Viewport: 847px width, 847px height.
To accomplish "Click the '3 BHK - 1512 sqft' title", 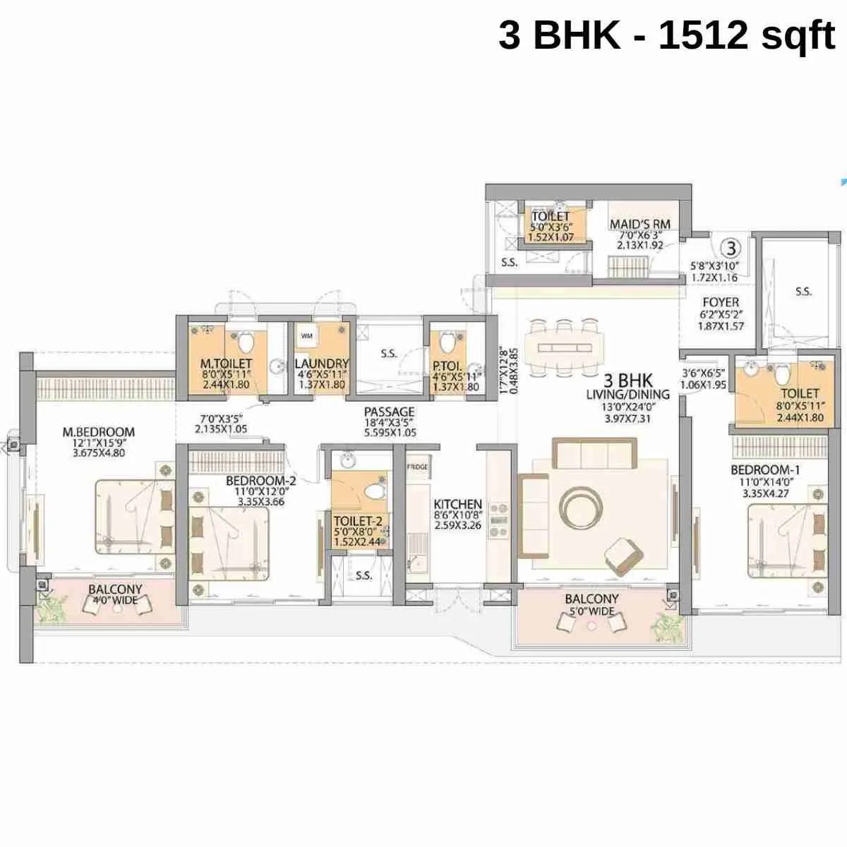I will [x=666, y=35].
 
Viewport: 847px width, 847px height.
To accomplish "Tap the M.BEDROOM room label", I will [x=98, y=432].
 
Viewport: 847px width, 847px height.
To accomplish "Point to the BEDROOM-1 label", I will [x=764, y=471].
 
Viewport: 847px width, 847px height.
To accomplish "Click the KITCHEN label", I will [x=457, y=505].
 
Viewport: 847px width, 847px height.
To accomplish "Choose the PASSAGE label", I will [x=389, y=412].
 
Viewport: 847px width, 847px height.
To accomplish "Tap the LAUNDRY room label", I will [x=321, y=364].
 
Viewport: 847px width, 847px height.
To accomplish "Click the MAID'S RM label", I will [x=639, y=224].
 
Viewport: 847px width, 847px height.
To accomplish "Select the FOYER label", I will [x=721, y=302].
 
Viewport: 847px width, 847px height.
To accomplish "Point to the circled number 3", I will [x=732, y=248].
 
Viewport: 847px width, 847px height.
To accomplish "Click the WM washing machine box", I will [x=307, y=336].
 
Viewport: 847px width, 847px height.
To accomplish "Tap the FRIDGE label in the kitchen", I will [x=416, y=467].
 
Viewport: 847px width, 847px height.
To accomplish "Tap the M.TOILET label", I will [x=226, y=364].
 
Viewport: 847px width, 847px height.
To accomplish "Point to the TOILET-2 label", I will [x=358, y=521].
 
